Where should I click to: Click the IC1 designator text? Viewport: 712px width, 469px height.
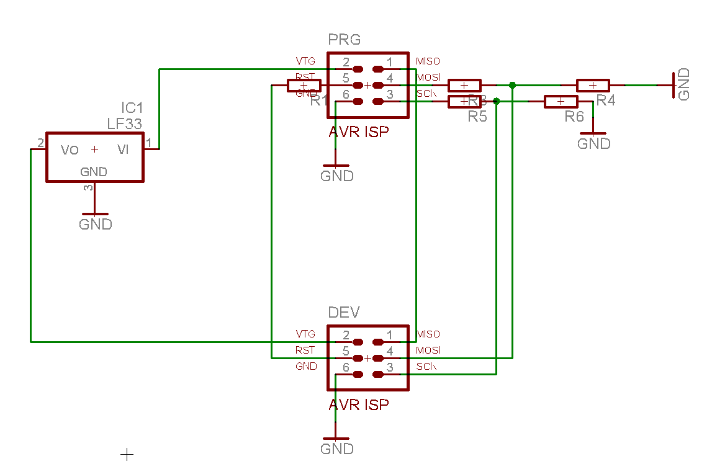coord(132,108)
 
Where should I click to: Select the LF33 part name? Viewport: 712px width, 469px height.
coord(124,123)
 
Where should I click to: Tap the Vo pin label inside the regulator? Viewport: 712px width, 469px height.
coord(70,150)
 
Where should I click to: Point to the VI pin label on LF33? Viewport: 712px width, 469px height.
coord(124,150)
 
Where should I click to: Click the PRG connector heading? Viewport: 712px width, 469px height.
coord(344,40)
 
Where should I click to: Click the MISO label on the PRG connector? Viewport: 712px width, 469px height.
coord(428,61)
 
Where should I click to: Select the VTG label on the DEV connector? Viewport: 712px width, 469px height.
coord(305,334)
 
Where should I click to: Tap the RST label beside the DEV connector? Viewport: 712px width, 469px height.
coord(305,351)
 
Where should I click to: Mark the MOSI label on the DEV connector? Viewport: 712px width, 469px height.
coord(428,351)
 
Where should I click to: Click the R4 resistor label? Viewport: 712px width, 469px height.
coord(605,100)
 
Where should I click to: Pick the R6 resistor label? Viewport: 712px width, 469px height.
coord(574,117)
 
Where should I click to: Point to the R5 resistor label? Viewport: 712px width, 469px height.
coord(477,117)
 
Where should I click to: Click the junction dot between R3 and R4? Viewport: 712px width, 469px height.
coord(512,85)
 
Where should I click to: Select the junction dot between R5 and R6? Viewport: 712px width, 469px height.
coord(496,101)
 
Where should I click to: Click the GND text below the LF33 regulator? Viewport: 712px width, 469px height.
coord(96,224)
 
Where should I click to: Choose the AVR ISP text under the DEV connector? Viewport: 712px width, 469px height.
coord(359,405)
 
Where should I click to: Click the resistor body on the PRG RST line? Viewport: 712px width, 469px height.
coord(304,86)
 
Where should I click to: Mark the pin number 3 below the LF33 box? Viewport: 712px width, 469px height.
coord(88,187)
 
